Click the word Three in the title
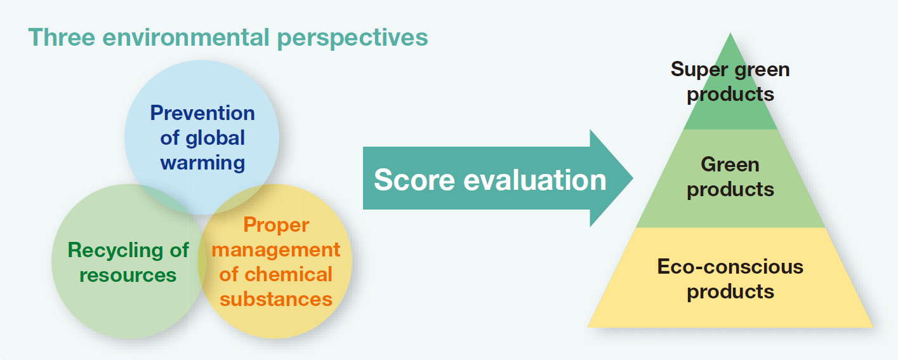[x=62, y=37]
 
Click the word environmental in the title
[x=185, y=37]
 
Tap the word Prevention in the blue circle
[x=202, y=112]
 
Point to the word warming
[x=202, y=163]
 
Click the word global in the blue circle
[x=215, y=138]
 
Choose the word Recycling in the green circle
[x=116, y=251]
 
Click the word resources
[x=128, y=275]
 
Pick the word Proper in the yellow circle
[x=276, y=225]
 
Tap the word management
[x=276, y=250]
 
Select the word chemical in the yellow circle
[x=289, y=274]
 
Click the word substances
[x=276, y=299]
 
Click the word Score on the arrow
[x=414, y=179]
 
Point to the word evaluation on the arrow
[x=535, y=179]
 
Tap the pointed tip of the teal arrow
[x=633, y=178]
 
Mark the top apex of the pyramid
[x=730, y=33]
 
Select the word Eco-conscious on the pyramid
[x=730, y=267]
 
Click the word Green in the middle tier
[x=730, y=164]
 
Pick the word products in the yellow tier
[x=730, y=292]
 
